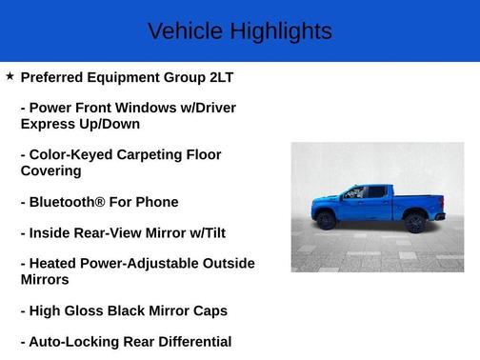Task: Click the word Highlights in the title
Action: click(279, 31)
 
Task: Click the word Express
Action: click(47, 124)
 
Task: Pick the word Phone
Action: click(157, 202)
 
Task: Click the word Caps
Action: click(210, 310)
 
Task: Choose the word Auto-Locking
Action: click(74, 341)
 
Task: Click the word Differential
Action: click(194, 341)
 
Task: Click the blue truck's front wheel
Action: click(326, 221)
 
